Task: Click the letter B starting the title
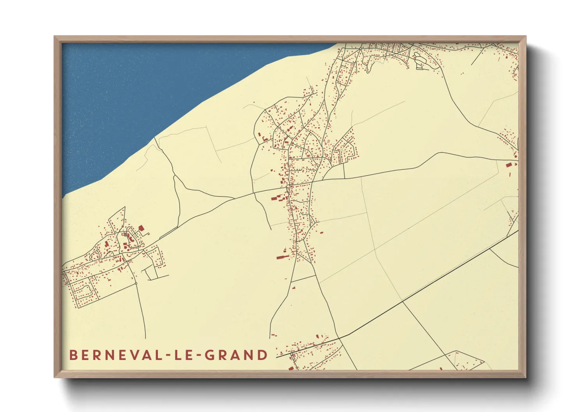tap(73, 355)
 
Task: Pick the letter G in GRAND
tap(211, 355)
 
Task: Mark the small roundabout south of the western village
tap(136, 283)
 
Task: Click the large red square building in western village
tap(141, 228)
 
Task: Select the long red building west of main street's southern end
tap(280, 257)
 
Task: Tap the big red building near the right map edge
tap(508, 165)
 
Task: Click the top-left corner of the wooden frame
tap(55, 37)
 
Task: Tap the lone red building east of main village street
tap(322, 233)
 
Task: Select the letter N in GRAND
tap(250, 355)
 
